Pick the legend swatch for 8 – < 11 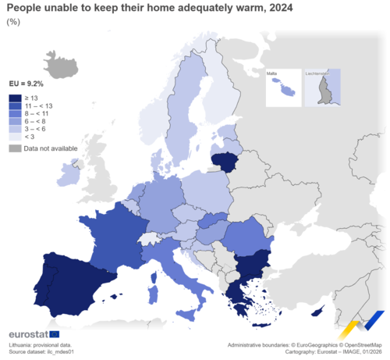pyautogui.click(x=15, y=114)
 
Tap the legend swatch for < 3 pyautogui.click(x=15, y=137)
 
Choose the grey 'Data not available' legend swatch pyautogui.click(x=15, y=148)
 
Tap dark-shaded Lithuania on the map pyautogui.click(x=227, y=162)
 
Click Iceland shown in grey pyautogui.click(x=58, y=62)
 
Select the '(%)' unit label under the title pyautogui.click(x=12, y=22)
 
